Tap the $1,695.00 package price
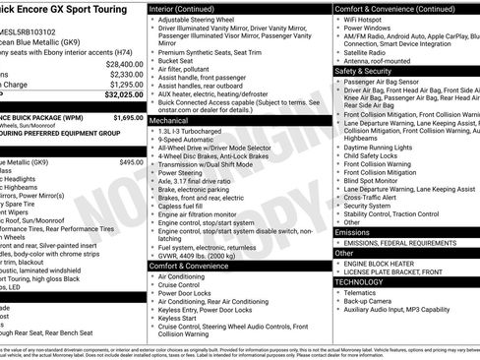click(x=128, y=117)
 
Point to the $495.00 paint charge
click(x=131, y=161)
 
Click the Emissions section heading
click(x=353, y=232)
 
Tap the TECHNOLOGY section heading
click(x=360, y=281)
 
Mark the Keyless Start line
click(x=177, y=318)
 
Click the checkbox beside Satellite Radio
click(x=337, y=52)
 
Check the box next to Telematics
click(x=337, y=292)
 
